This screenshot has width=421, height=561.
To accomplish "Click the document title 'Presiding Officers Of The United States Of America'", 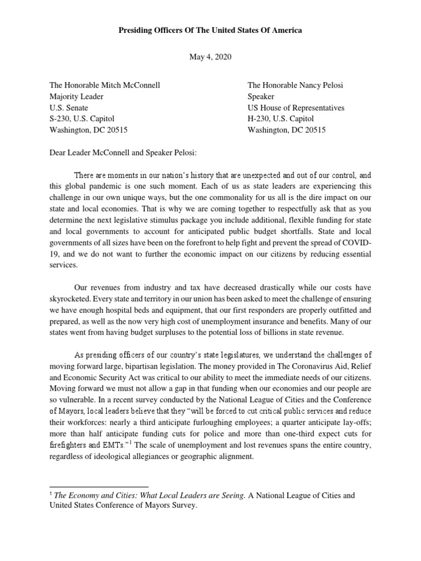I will tap(210, 31).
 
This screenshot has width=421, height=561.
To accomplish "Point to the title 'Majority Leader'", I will tap(76, 96).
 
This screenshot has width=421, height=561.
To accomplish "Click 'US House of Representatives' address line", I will tap(296, 108).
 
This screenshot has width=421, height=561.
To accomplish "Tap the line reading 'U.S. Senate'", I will tap(69, 108).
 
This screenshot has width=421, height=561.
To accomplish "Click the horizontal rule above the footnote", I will tap(99, 486).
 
